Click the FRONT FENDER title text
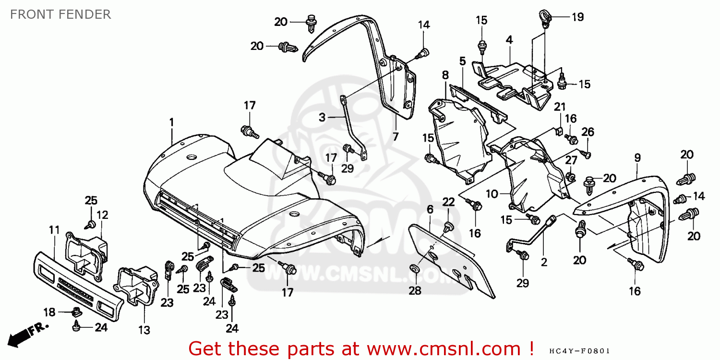click(x=60, y=14)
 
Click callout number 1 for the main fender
click(x=171, y=123)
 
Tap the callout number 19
click(x=577, y=17)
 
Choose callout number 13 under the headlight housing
click(x=144, y=330)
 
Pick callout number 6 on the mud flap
click(x=430, y=210)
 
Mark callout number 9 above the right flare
click(x=637, y=157)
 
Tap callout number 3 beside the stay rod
click(x=323, y=117)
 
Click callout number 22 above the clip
click(x=448, y=202)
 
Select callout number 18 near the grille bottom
click(x=49, y=312)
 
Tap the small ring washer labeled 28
click(x=414, y=267)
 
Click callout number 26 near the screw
click(x=588, y=132)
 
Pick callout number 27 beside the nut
click(x=571, y=160)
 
